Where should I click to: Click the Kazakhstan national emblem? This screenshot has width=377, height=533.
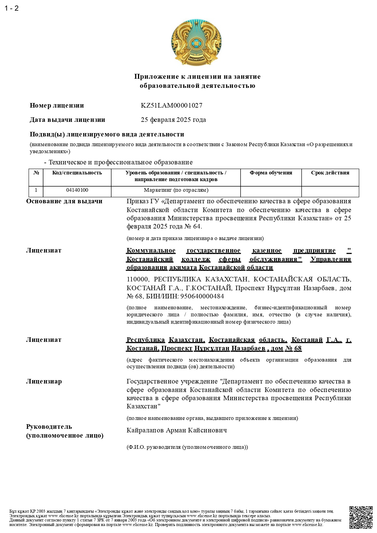[196, 42]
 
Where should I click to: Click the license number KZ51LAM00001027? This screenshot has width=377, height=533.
[171, 105]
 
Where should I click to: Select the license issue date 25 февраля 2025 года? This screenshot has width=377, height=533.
[173, 120]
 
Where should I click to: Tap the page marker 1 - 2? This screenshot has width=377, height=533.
[12, 8]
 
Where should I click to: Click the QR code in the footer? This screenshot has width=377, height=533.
[361, 518]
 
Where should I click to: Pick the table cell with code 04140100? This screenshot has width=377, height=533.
[77, 190]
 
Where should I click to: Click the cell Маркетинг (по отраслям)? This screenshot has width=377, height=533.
[176, 190]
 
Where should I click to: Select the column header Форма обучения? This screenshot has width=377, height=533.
[271, 173]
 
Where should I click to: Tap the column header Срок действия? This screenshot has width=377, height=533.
[330, 173]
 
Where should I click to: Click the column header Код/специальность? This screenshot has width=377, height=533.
[77, 173]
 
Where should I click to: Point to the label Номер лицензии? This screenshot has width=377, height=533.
[57, 105]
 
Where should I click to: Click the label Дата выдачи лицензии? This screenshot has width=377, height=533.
[67, 120]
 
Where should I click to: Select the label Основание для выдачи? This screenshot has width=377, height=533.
[64, 201]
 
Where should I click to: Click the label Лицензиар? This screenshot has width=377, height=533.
[44, 381]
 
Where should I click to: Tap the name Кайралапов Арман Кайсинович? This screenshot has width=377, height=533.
[177, 430]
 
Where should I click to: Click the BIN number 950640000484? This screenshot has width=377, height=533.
[202, 296]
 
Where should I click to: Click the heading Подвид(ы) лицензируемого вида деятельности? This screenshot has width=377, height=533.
[107, 134]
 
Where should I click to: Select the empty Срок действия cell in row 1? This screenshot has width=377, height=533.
[330, 191]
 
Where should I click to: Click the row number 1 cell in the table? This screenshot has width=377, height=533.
[36, 190]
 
